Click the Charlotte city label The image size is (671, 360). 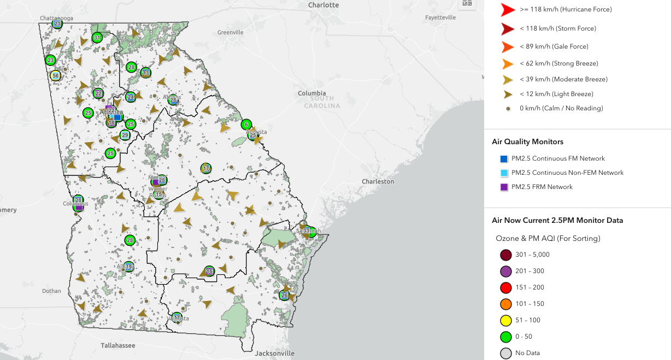(323, 5)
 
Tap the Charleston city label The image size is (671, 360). (378, 181)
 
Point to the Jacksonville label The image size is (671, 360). (275, 353)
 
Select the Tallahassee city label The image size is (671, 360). (117, 345)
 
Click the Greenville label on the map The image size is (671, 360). (230, 32)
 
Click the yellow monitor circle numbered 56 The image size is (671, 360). (55, 75)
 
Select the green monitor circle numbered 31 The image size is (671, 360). (97, 38)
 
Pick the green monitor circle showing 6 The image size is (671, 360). (246, 125)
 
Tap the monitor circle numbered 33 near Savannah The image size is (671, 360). (306, 231)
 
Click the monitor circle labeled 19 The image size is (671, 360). (128, 267)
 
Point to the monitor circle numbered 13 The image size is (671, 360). (145, 73)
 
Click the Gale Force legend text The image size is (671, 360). (554, 46)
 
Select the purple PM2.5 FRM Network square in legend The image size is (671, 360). (504, 187)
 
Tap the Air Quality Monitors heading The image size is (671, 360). (527, 141)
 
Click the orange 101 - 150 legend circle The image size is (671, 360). (505, 304)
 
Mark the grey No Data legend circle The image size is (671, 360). (505, 353)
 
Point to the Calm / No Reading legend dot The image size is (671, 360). (508, 109)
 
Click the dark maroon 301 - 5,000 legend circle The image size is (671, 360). (505, 255)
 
